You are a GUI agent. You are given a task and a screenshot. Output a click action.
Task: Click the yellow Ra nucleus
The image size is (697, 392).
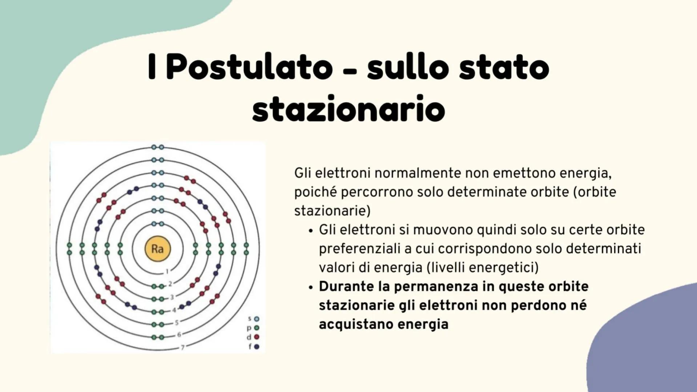(x=157, y=249)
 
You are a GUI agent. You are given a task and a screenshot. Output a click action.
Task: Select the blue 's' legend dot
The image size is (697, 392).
(x=257, y=319)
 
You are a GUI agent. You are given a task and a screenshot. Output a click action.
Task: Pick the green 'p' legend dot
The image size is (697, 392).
(x=257, y=328)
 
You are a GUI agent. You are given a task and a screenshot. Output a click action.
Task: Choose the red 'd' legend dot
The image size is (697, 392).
(x=257, y=337)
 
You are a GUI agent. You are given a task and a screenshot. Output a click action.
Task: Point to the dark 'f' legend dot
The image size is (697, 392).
(x=257, y=347)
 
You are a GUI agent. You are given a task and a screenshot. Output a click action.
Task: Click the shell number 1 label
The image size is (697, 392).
(x=167, y=271)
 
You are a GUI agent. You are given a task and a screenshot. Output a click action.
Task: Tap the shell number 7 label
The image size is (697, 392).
(x=182, y=347)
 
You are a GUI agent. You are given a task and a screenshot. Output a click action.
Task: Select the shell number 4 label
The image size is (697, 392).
(x=174, y=310)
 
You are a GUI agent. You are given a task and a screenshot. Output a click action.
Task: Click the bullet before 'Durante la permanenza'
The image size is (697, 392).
(x=310, y=287)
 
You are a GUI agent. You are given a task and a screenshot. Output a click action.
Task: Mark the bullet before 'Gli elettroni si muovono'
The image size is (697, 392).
(x=310, y=230)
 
